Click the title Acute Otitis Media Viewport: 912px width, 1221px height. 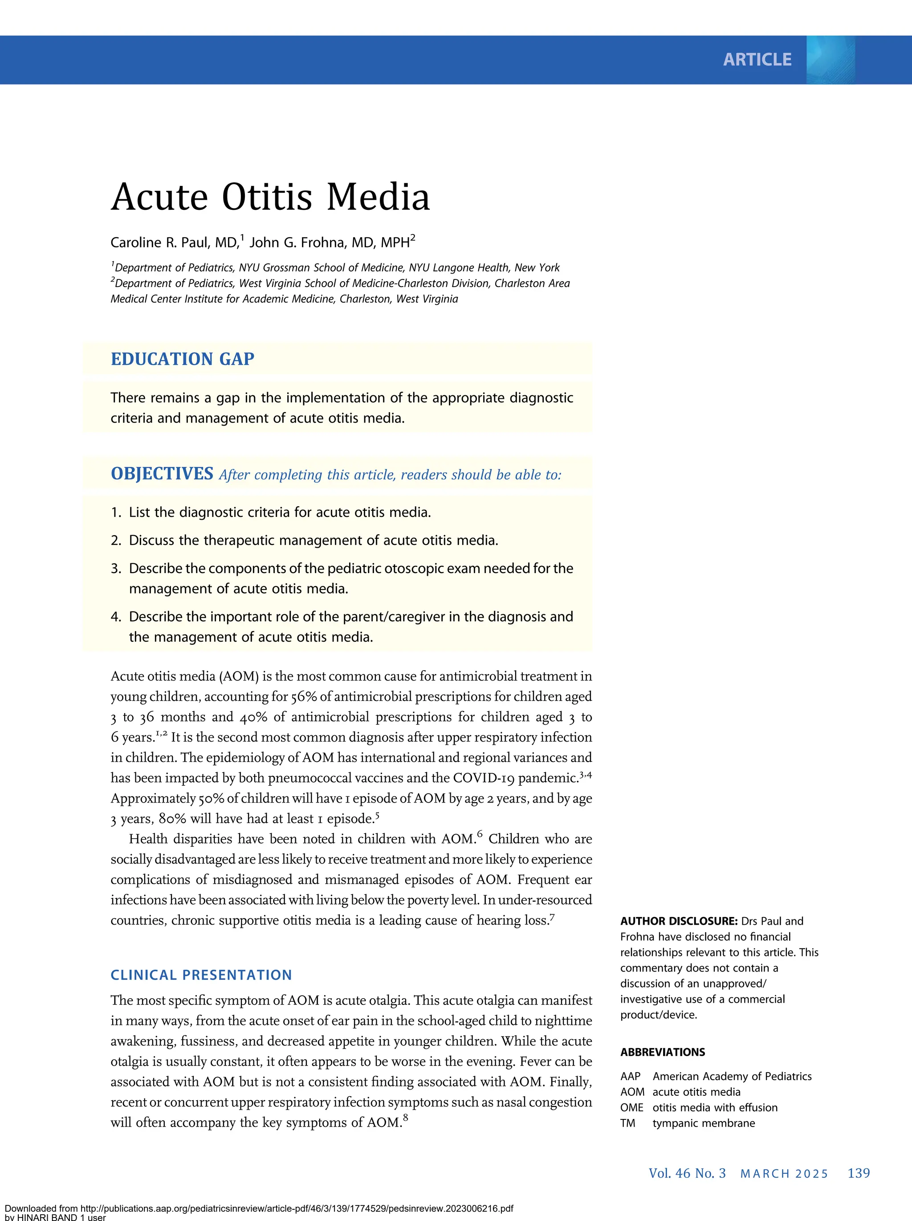pyautogui.click(x=270, y=197)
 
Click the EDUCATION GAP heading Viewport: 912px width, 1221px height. pyautogui.click(x=183, y=359)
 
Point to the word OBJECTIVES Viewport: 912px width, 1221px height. pyautogui.click(x=162, y=474)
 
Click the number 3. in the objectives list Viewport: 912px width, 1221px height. pyautogui.click(x=115, y=569)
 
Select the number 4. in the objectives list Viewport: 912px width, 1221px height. pyautogui.click(x=115, y=617)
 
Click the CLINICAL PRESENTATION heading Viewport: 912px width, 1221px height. pyautogui.click(x=201, y=975)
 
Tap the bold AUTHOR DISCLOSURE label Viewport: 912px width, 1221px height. pyautogui.click(x=679, y=921)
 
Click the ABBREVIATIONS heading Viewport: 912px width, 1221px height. pyautogui.click(x=662, y=1052)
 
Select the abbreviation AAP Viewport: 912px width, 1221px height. pyautogui.click(x=630, y=1076)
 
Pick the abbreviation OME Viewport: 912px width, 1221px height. pyautogui.click(x=632, y=1108)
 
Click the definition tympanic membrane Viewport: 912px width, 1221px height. pyautogui.click(x=704, y=1123)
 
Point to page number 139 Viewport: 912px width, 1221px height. pyautogui.click(x=859, y=1173)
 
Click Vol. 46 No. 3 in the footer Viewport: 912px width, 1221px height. pyautogui.click(x=687, y=1173)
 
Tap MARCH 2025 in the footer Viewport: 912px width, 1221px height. pyautogui.click(x=784, y=1174)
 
